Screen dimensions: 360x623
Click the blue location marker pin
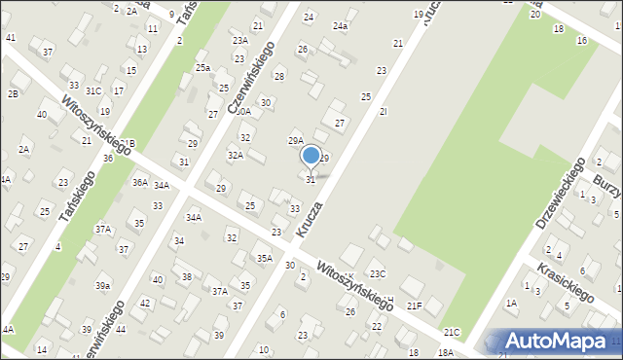coord(311,156)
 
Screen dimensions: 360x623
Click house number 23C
coord(377,273)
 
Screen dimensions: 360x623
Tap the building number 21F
coord(415,306)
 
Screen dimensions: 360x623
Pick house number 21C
coord(451,332)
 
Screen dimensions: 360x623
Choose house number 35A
coord(264,258)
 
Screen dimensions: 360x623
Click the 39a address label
coord(102,286)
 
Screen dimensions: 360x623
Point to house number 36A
coord(140,182)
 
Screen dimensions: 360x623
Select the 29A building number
coord(295,141)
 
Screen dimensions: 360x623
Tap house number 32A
coord(235,155)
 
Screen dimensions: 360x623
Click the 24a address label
coord(340,26)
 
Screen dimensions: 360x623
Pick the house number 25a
coord(202,67)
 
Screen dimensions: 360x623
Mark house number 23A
coord(239,41)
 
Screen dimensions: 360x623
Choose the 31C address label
coord(93,90)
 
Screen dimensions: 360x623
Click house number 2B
coord(13,93)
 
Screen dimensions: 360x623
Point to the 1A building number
coord(511,303)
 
